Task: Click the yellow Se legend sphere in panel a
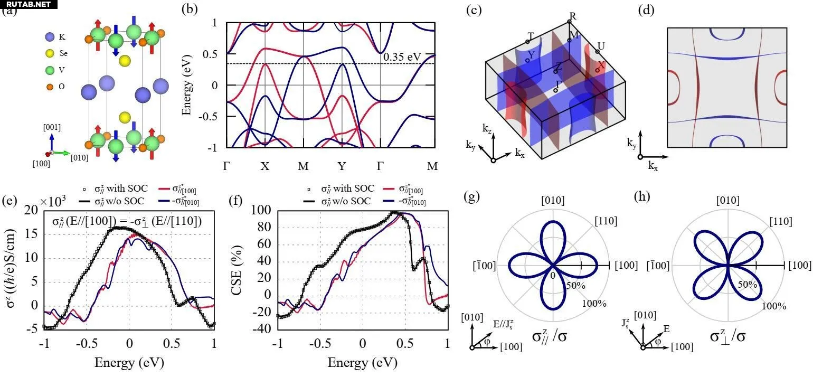tap(50, 53)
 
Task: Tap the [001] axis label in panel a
tap(52, 127)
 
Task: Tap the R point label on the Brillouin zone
tap(573, 16)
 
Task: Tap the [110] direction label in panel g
tap(607, 221)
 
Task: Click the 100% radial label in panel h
tap(774, 306)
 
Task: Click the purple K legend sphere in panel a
tap(50, 37)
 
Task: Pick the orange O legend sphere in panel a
tap(50, 86)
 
